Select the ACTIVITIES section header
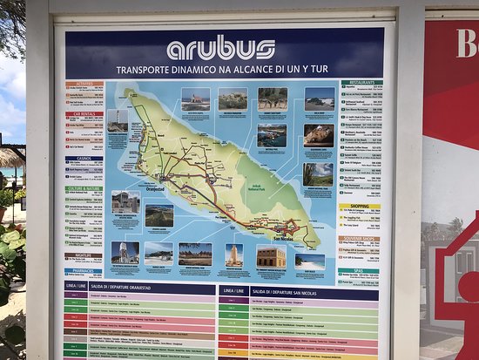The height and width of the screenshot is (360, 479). tap(84, 85)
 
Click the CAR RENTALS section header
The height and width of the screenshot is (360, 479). tap(84, 114)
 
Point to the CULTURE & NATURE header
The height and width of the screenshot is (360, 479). tap(84, 188)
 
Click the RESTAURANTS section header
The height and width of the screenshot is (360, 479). tap(360, 83)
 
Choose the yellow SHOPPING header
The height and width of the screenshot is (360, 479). tap(360, 207)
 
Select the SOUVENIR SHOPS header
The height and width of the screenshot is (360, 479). tap(360, 238)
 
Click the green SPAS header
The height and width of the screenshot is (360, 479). tap(360, 270)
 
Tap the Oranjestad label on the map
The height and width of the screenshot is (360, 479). tap(154, 188)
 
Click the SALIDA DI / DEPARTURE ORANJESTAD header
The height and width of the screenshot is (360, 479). tap(139, 291)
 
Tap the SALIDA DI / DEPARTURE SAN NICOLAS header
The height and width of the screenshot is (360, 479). tap(296, 291)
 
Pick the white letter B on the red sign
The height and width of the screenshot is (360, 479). tap(466, 44)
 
